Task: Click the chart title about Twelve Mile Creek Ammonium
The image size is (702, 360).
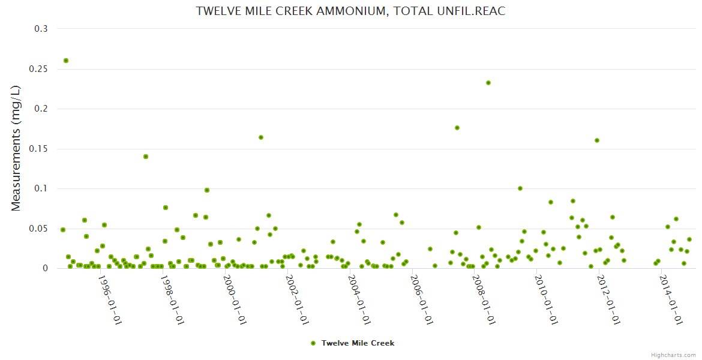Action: tap(351, 11)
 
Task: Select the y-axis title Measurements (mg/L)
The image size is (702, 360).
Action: tap(16, 148)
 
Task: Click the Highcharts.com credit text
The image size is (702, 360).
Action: tap(673, 355)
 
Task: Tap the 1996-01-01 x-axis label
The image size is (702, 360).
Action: tap(110, 301)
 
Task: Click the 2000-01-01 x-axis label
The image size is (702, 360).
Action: tap(235, 301)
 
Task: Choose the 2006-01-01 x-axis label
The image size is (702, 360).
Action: tap(422, 301)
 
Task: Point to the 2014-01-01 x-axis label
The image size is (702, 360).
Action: tap(671, 301)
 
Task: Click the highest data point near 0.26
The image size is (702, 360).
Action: tap(66, 61)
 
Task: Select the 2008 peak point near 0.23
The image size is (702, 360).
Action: tap(488, 83)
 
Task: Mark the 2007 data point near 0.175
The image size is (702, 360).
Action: tap(457, 128)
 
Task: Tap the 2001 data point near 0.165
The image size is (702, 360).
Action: tap(261, 137)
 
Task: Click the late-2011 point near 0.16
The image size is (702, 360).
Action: tap(597, 140)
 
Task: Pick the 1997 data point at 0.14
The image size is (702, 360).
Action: tap(146, 157)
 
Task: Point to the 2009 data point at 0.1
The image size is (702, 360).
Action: tap(520, 188)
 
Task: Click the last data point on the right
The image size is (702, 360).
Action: tap(689, 239)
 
